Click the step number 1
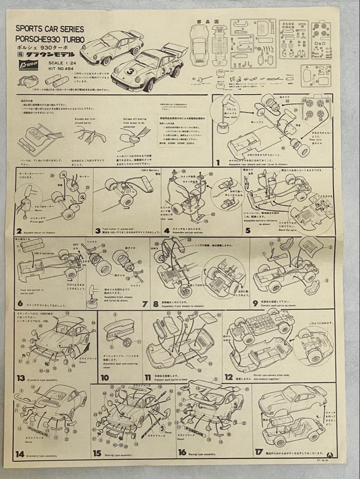pos(218,163)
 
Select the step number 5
pos(248,230)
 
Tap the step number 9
pos(255,303)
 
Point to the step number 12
pos(229,377)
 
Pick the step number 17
pos(259,452)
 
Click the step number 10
pos(105,378)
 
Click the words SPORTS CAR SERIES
pos(49,28)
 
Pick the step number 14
pos(20,454)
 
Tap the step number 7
pos(145,304)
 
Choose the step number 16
pos(182,453)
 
